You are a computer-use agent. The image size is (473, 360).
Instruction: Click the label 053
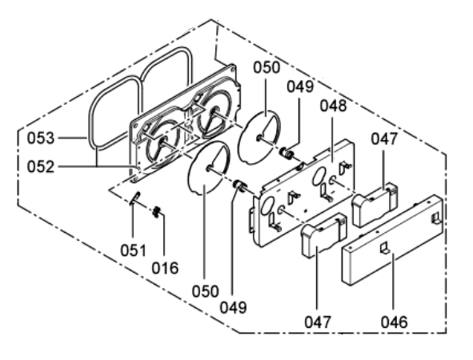click(41, 138)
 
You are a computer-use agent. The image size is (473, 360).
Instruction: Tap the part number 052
click(41, 166)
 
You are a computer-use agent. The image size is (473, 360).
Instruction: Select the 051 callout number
click(133, 250)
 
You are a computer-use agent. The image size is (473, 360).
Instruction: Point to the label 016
click(165, 268)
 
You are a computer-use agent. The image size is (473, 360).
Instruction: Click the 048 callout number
click(333, 106)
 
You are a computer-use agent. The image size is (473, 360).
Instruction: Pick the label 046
click(394, 322)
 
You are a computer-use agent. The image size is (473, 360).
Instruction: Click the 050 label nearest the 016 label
click(206, 291)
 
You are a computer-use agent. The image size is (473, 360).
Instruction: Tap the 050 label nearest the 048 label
click(267, 67)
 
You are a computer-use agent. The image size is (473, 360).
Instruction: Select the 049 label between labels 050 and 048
click(300, 86)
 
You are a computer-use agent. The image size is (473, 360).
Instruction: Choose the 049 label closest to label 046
click(233, 307)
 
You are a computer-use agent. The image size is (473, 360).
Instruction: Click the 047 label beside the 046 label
click(318, 322)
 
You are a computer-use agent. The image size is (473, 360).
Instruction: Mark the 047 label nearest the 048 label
click(384, 139)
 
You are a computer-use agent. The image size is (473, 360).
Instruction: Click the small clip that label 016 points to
click(156, 212)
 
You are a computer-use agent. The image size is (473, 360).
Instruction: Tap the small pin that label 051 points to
click(134, 198)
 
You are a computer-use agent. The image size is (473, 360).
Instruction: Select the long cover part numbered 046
click(393, 240)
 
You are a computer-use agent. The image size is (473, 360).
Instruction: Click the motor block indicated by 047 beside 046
click(323, 235)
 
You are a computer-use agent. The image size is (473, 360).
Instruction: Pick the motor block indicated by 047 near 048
click(375, 205)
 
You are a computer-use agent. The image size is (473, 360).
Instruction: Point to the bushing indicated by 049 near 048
click(287, 154)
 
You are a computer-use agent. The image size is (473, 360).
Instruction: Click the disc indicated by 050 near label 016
click(209, 168)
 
